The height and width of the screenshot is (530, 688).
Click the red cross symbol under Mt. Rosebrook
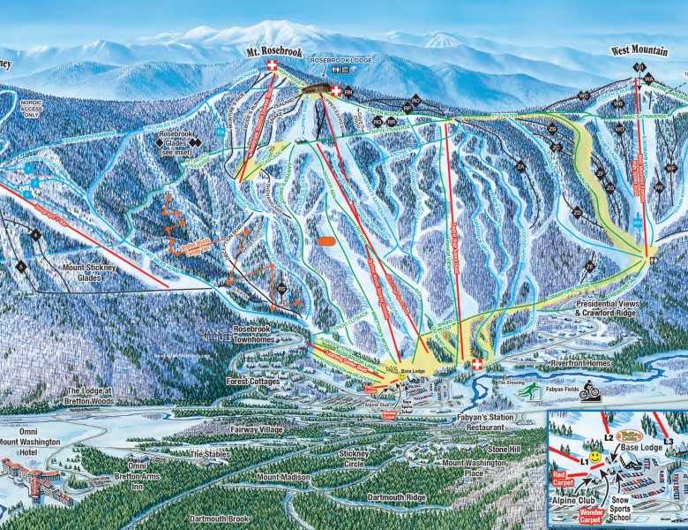click(x=273, y=68)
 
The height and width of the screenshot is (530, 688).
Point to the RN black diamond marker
click(x=348, y=91)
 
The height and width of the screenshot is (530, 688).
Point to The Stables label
click(x=210, y=454)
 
